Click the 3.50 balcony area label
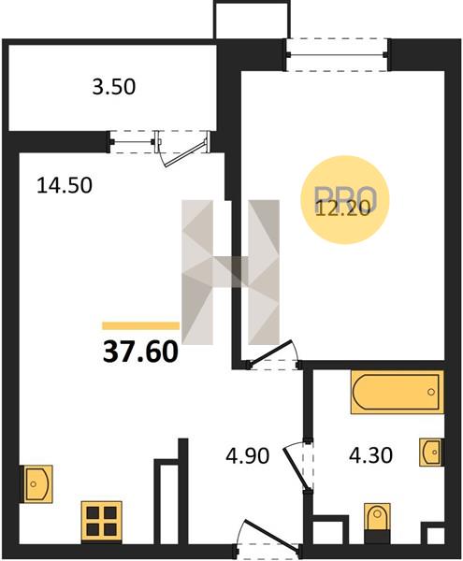click(114, 87)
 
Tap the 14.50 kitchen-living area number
click(65, 186)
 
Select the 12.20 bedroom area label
click(342, 209)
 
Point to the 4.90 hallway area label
click(247, 456)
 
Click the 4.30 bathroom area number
click(370, 456)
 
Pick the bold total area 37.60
click(140, 352)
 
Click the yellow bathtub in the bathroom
click(398, 392)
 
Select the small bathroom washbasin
click(431, 453)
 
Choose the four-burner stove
click(102, 523)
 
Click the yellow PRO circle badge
click(344, 200)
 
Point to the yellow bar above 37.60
click(140, 325)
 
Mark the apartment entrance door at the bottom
click(267, 536)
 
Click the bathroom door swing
click(298, 466)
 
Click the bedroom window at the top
click(337, 55)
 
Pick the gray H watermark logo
click(230, 272)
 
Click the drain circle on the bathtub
click(431, 392)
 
